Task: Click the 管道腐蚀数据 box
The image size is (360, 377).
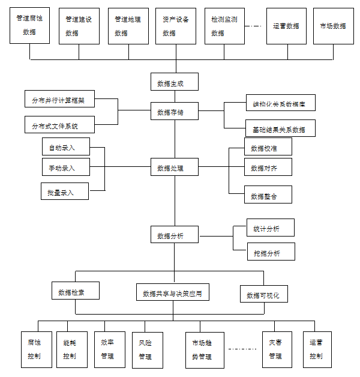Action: [29, 26]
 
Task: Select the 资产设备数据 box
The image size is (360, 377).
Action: [176, 26]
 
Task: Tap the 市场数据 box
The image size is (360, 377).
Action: [333, 26]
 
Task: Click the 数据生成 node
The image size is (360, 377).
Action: [175, 82]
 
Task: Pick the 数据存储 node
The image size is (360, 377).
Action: [175, 112]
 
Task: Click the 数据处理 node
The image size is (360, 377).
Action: [175, 167]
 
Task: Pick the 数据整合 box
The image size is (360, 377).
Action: [268, 195]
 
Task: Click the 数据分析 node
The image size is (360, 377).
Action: [175, 235]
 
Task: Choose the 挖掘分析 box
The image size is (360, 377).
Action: [271, 252]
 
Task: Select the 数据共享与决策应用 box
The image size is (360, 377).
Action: [172, 292]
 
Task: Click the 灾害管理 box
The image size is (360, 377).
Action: [277, 349]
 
